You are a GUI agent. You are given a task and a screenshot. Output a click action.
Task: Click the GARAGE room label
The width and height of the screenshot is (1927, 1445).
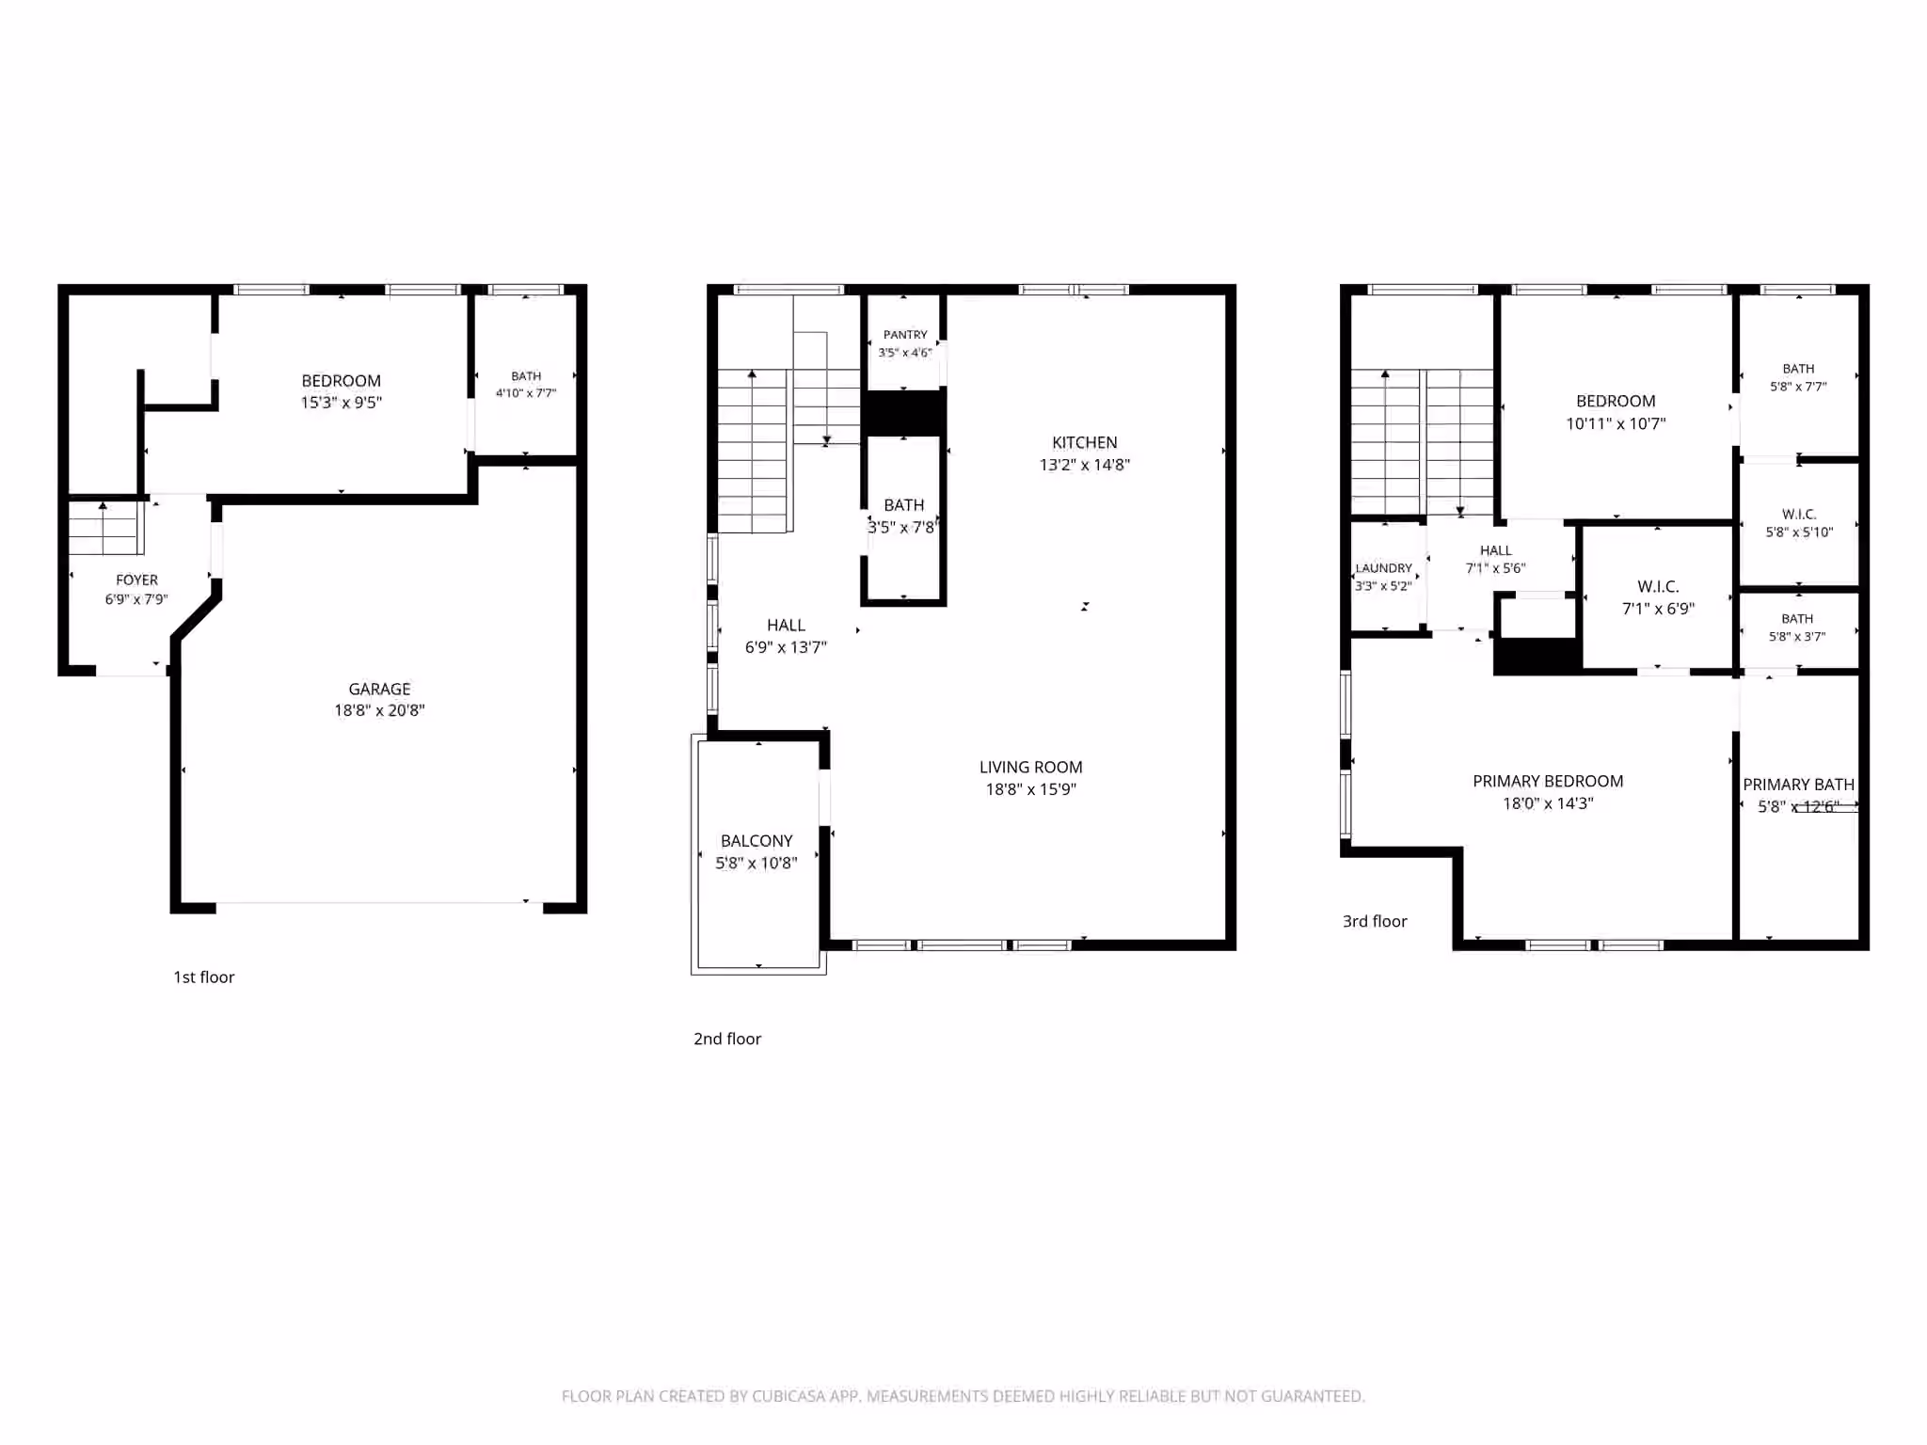(379, 689)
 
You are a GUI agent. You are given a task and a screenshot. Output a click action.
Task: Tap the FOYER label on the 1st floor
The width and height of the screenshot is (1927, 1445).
(136, 580)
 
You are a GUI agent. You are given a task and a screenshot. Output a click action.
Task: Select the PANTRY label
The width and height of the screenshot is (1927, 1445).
(905, 335)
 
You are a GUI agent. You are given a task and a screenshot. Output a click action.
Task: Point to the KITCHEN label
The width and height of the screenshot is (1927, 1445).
(1085, 442)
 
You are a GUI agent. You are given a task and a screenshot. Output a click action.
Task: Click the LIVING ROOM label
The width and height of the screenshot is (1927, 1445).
(1031, 768)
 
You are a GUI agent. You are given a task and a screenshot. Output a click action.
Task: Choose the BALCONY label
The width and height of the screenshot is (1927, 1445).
(756, 841)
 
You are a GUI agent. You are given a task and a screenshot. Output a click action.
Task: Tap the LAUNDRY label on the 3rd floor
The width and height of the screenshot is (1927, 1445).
(1383, 568)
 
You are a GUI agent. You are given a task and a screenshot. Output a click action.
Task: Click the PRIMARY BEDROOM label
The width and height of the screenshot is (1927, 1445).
(1548, 781)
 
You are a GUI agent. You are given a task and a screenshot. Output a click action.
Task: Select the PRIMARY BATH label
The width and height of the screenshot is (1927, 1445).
(1798, 785)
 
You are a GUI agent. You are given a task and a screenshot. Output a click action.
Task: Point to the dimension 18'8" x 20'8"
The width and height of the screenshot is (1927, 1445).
(379, 710)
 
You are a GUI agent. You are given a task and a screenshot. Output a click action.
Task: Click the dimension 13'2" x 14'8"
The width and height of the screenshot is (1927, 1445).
(1085, 465)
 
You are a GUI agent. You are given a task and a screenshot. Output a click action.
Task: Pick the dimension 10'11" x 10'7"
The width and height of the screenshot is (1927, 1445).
(1616, 423)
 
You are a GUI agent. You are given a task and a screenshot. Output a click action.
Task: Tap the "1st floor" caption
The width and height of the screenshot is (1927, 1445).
(204, 977)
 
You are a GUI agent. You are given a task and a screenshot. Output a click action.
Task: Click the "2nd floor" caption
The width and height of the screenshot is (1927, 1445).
(727, 1039)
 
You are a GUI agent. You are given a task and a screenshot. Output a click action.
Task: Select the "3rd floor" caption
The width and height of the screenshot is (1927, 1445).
(1375, 921)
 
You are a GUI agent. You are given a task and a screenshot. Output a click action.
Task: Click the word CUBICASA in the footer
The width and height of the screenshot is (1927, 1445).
(791, 1396)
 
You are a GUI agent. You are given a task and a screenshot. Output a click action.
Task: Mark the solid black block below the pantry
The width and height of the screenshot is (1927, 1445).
(904, 413)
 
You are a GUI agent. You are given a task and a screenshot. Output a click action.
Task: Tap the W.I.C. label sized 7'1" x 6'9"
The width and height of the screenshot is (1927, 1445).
(1658, 586)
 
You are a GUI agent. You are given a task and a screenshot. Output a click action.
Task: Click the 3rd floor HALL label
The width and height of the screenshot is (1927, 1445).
(1495, 550)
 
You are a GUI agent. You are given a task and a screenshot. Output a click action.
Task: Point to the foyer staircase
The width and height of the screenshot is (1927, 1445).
(104, 528)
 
